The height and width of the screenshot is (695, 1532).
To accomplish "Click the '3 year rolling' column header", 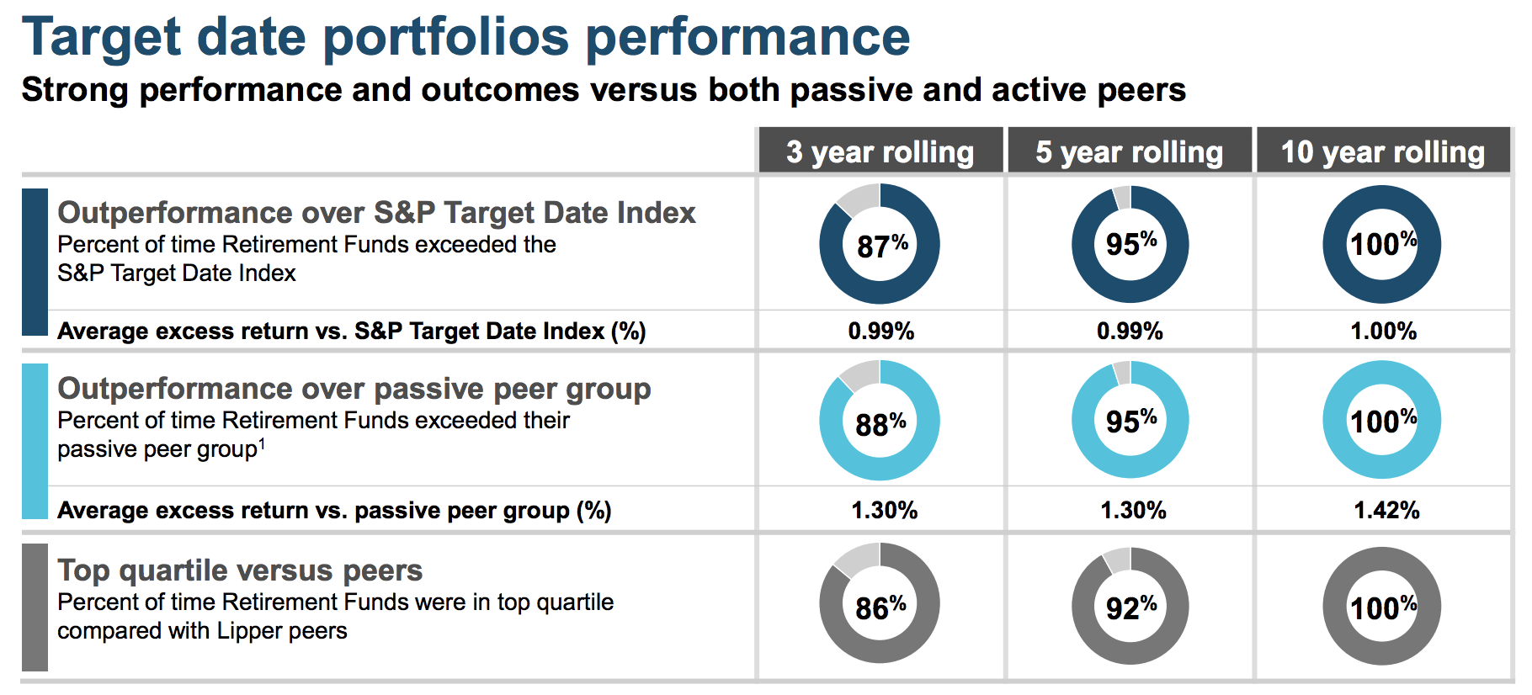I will [x=880, y=152].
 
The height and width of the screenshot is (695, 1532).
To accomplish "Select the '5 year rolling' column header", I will [x=1129, y=152].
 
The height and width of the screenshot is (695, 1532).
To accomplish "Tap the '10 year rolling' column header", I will [x=1382, y=152].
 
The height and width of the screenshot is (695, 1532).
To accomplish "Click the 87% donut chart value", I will [x=881, y=246].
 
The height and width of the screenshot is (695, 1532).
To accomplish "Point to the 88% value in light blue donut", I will [x=880, y=423].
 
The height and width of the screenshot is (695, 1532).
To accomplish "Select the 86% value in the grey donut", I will [x=880, y=607].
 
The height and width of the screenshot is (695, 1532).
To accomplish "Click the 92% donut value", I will [x=1130, y=607].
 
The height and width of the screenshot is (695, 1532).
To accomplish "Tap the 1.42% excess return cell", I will [x=1386, y=510].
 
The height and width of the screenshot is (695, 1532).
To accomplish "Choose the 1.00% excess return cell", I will [x=1383, y=331].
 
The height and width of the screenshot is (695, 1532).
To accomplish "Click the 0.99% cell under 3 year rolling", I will [x=880, y=331].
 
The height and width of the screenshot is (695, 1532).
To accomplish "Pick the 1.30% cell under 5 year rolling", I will [x=1133, y=510].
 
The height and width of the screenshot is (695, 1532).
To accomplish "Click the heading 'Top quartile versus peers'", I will [x=240, y=570].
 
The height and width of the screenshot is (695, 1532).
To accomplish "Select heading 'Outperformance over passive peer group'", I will [x=354, y=389].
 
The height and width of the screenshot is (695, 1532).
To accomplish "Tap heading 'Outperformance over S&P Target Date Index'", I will [x=376, y=213].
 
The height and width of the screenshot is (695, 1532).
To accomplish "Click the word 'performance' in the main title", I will [x=747, y=38].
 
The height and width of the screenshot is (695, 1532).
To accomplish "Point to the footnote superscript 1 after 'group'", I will [x=262, y=443].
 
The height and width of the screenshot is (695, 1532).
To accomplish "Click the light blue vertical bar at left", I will [x=35, y=441].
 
